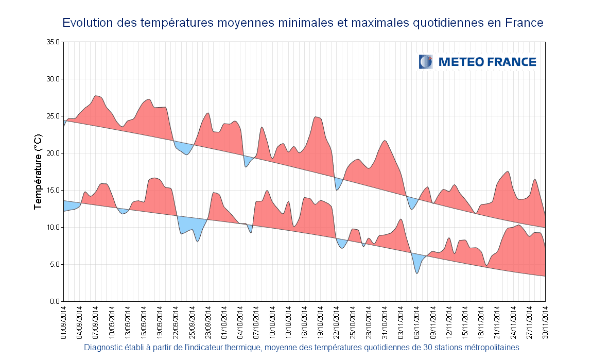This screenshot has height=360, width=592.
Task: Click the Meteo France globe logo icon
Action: coord(426,62)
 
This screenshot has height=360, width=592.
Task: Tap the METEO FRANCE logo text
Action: coord(487,62)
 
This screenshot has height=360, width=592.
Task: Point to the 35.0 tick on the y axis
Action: coord(54,42)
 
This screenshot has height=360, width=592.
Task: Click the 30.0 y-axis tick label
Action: coord(54,79)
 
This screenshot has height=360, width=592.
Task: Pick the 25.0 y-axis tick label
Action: coord(54,116)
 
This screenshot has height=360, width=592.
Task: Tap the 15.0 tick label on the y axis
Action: coord(54,190)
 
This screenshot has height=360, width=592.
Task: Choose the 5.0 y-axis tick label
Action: coord(55,264)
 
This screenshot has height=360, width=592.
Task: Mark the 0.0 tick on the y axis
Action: coord(55,301)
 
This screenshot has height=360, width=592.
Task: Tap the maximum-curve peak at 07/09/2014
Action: coord(97,97)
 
